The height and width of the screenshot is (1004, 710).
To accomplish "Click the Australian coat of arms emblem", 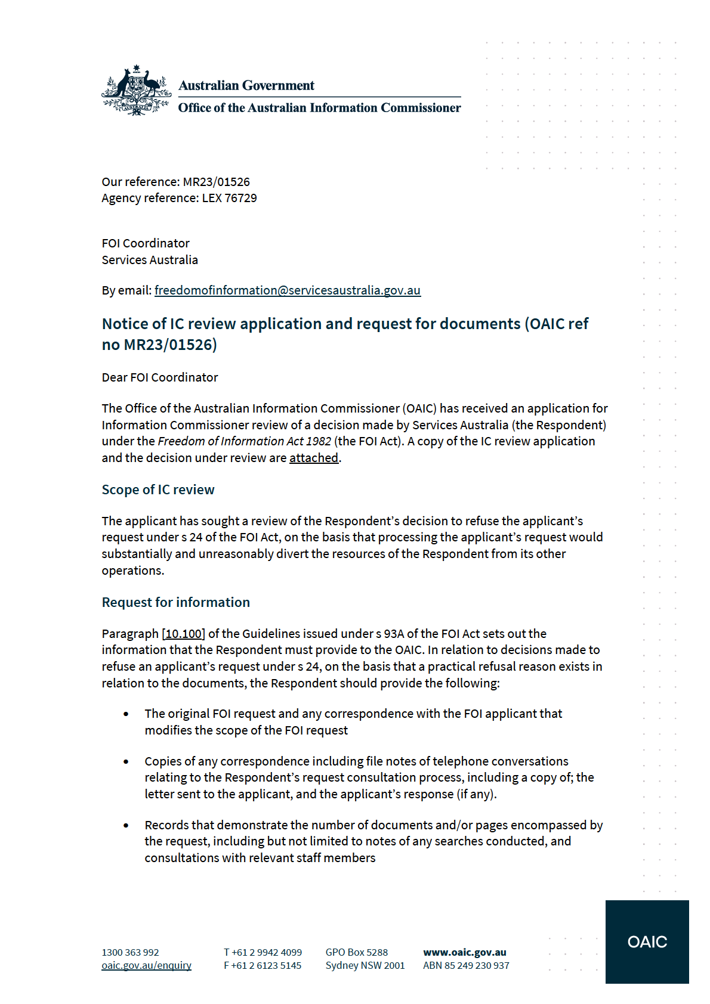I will (137, 91).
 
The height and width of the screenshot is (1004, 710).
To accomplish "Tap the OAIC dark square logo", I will (647, 941).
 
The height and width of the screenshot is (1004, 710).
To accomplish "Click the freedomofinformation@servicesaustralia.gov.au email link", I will (287, 290).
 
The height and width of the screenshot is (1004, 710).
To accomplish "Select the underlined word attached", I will (314, 458).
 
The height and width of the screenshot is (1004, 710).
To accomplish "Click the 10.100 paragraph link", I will (184, 634).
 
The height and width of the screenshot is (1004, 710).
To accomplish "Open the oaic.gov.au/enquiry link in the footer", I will (146, 965).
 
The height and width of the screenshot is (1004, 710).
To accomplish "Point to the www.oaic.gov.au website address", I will (464, 952).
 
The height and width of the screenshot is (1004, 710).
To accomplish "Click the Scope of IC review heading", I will (158, 489).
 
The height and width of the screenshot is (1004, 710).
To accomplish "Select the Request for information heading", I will (175, 602).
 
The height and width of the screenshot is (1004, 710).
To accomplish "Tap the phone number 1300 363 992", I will (130, 952).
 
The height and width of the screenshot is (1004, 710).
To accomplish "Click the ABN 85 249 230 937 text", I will (466, 965).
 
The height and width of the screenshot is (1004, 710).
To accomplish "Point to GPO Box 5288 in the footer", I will (356, 952).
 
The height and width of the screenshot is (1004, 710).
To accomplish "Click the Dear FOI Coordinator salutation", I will (160, 377).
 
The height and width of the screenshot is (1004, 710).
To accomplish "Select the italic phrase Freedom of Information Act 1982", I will (244, 441).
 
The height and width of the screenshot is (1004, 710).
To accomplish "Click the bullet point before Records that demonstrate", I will (126, 826).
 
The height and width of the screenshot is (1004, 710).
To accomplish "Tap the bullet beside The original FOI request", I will (126, 714).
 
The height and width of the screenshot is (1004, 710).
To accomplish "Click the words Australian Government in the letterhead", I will (246, 85).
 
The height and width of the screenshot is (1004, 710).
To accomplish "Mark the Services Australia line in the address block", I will (150, 260).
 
